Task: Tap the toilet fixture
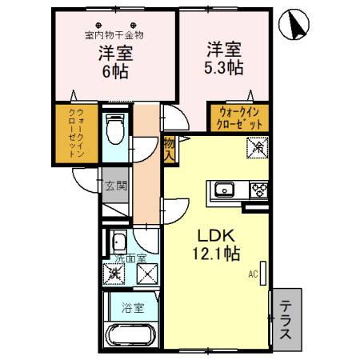(x=116, y=128)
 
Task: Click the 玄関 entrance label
(x=115, y=186)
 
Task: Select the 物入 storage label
(x=169, y=150)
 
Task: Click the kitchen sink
(x=223, y=190)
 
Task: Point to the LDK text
(x=215, y=237)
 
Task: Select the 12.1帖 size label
(x=217, y=254)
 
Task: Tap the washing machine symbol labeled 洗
(x=116, y=274)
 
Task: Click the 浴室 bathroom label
(x=132, y=306)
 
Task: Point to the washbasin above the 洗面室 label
(x=119, y=242)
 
